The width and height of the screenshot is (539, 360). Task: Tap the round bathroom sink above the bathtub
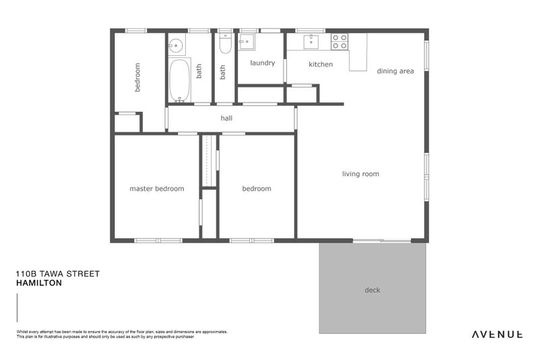point(175,47)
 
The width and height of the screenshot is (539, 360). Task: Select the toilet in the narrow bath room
point(226,44)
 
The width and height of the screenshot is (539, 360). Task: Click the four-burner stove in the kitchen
point(339,42)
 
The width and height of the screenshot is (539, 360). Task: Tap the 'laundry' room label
point(262,63)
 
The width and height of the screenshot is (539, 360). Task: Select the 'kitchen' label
point(321,64)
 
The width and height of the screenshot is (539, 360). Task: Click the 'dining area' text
point(395,71)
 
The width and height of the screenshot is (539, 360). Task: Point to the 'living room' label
point(360,174)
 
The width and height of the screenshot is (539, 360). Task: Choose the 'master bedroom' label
point(156,189)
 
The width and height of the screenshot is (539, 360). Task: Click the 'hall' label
point(226,118)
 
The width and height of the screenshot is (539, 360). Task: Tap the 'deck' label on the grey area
point(372,290)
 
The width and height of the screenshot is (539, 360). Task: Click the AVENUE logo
point(497,334)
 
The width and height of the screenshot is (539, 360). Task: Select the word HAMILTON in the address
point(38,283)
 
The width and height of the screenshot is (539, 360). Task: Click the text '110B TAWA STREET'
point(57,274)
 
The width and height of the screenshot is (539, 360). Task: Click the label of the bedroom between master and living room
point(256,189)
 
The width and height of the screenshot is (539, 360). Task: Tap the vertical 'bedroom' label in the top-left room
point(137,77)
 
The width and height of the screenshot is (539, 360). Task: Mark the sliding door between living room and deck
point(382,241)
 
